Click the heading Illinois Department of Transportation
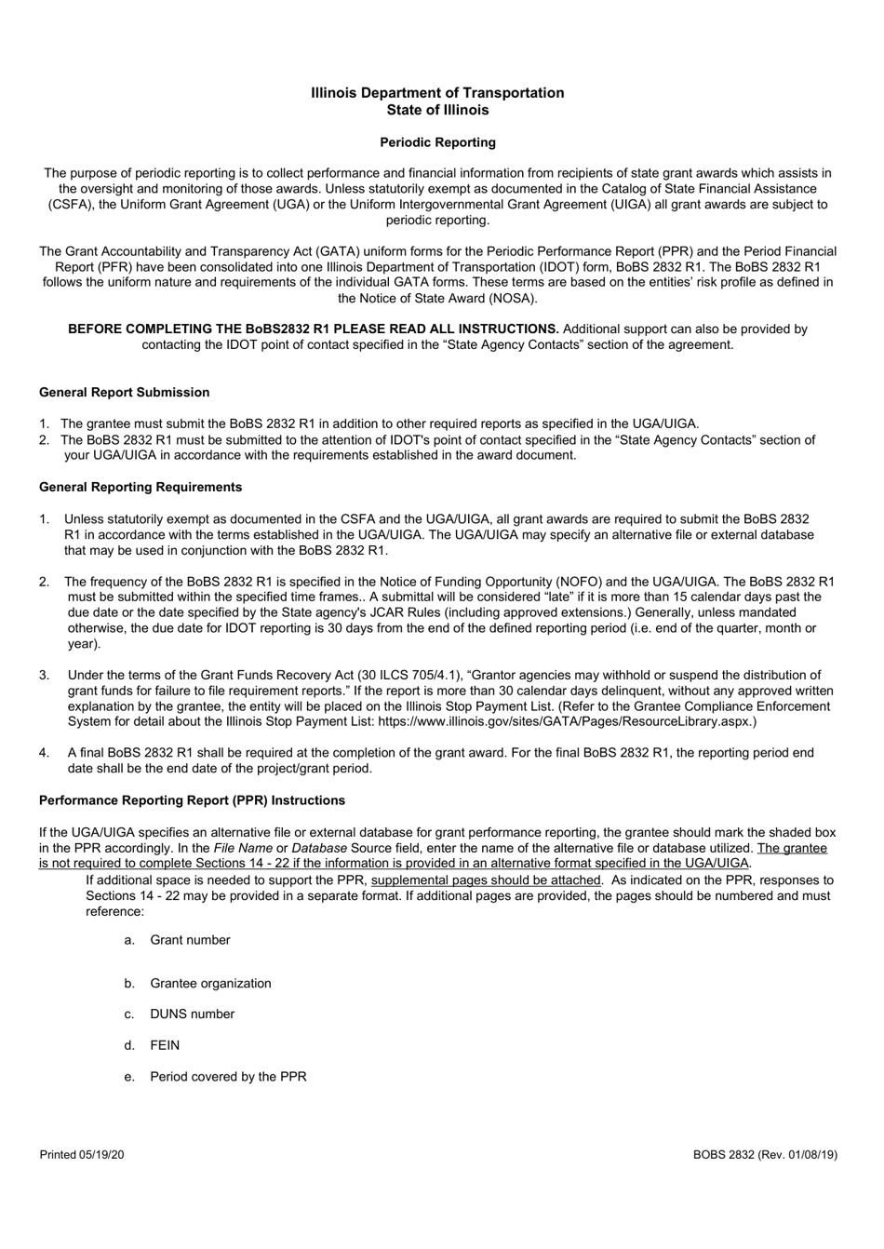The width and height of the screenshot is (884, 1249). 437,93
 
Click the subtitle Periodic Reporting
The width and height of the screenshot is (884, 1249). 437,142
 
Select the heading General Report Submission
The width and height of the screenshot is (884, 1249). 125,393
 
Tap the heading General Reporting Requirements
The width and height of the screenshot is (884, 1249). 141,488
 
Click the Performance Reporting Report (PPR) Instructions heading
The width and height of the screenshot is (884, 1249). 192,800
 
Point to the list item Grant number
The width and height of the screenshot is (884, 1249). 190,940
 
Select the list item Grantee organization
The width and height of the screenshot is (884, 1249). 210,984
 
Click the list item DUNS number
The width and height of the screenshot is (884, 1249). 193,1014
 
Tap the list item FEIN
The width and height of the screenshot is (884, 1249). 165,1046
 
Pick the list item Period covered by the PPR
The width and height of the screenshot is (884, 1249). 228,1077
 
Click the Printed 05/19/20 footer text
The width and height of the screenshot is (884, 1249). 82,1155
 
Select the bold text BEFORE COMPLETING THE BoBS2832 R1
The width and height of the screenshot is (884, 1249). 313,329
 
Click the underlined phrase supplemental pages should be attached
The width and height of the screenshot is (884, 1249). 486,880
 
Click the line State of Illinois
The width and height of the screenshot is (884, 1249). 437,110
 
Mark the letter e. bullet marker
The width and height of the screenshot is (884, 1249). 129,1077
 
